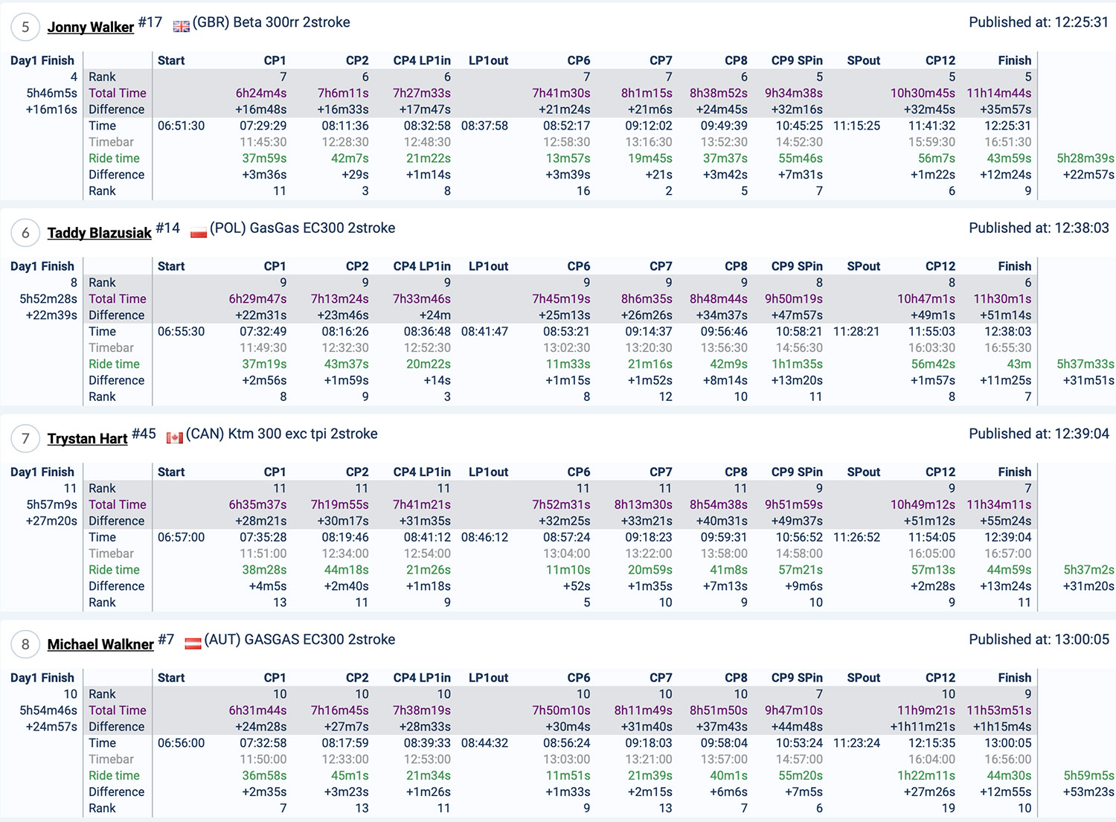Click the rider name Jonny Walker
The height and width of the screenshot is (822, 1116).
point(90,27)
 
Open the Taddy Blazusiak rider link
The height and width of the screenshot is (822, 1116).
point(99,233)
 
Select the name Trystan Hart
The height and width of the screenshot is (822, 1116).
point(87,439)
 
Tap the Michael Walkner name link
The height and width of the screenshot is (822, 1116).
point(100,644)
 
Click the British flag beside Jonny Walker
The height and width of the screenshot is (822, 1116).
point(181,26)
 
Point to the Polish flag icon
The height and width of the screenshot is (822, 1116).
point(198,232)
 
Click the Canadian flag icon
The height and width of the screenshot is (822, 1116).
point(174,438)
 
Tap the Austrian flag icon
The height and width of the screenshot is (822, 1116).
point(193,643)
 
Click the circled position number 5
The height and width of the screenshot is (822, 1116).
point(25,27)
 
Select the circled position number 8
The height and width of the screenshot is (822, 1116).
point(25,644)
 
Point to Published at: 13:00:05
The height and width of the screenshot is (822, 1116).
point(1039,640)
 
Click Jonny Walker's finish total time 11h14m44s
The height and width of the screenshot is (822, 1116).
point(998,93)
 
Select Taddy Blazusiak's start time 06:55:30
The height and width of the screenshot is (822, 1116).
point(181,332)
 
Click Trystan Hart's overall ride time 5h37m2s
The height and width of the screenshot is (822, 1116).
point(1088,570)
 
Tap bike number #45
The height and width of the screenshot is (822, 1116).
point(144,434)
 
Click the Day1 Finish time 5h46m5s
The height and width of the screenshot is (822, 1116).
point(51,93)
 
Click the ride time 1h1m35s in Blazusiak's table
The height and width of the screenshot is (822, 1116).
point(795,364)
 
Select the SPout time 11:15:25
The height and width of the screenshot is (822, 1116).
point(856,126)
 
